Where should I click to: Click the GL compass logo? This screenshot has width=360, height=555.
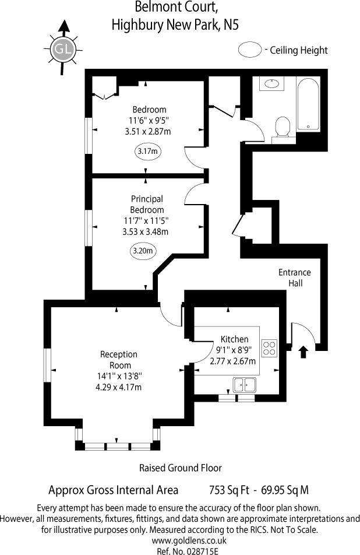[63, 49]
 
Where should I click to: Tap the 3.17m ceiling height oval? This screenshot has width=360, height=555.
[148, 152]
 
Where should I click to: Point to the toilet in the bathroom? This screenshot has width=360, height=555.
[283, 127]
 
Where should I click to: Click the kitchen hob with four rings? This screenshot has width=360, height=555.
[269, 348]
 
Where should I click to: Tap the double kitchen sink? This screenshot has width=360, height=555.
[245, 384]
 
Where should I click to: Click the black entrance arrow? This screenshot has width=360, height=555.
[303, 351]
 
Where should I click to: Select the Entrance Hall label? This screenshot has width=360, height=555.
[295, 277]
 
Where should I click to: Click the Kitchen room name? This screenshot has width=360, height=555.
[235, 339]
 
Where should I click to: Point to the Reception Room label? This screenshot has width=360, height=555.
[119, 360]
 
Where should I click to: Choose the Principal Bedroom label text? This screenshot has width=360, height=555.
[147, 205]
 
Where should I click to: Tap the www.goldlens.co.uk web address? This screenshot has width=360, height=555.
[179, 540]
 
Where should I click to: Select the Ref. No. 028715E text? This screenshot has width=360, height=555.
[179, 550]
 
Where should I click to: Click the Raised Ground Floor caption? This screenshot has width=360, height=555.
[180, 468]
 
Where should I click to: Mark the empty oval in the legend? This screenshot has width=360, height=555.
[250, 50]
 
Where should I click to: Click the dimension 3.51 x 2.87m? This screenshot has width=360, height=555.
[148, 132]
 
